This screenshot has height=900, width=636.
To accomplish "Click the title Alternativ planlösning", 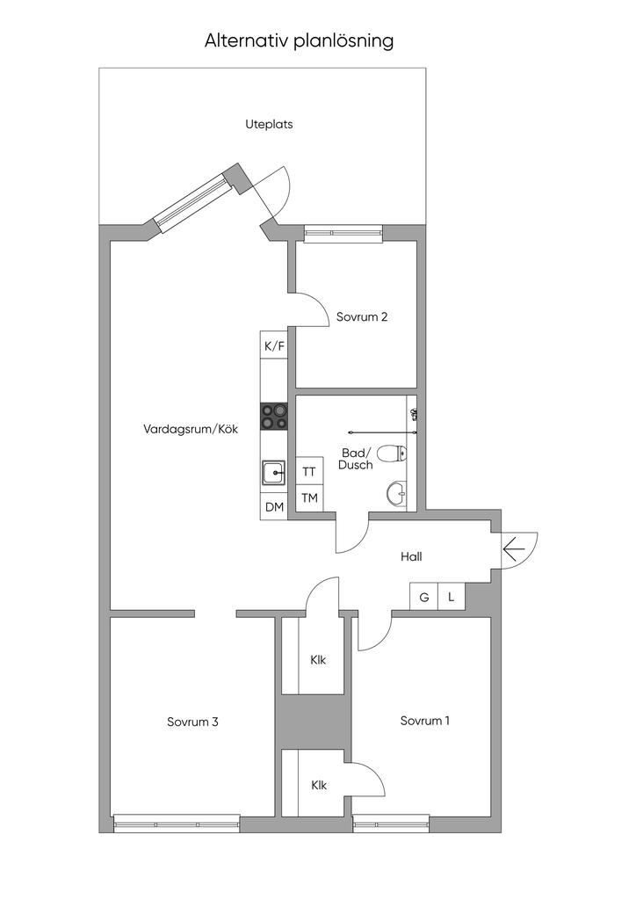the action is [x=299, y=41].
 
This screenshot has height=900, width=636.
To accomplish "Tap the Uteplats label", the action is [x=269, y=124].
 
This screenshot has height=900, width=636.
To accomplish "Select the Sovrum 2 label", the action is [x=362, y=316].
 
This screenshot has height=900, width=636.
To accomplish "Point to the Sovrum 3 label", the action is [x=192, y=722].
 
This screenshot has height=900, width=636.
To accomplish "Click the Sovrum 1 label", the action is [x=425, y=721].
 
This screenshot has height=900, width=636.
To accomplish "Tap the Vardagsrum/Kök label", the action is [x=191, y=429].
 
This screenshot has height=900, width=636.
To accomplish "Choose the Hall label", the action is [x=411, y=556].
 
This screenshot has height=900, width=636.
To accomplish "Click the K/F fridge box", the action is [x=274, y=345].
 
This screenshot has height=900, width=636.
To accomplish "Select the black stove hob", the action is [x=274, y=416].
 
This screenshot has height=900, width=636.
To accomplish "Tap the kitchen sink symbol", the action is [x=274, y=474].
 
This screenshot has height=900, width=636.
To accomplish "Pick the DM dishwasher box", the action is [x=274, y=507].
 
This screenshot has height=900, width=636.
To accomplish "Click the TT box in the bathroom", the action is [x=309, y=471].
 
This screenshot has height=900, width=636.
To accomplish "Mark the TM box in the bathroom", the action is [x=309, y=498].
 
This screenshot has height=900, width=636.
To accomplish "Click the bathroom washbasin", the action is [x=396, y=492].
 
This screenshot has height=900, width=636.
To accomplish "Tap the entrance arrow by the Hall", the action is [x=514, y=550].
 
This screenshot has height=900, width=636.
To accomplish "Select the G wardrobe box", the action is [x=423, y=597].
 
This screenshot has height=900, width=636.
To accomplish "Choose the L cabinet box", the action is [x=452, y=597].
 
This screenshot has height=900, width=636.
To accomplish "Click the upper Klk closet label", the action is [x=318, y=660].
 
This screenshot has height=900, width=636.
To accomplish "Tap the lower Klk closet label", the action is [x=319, y=785].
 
